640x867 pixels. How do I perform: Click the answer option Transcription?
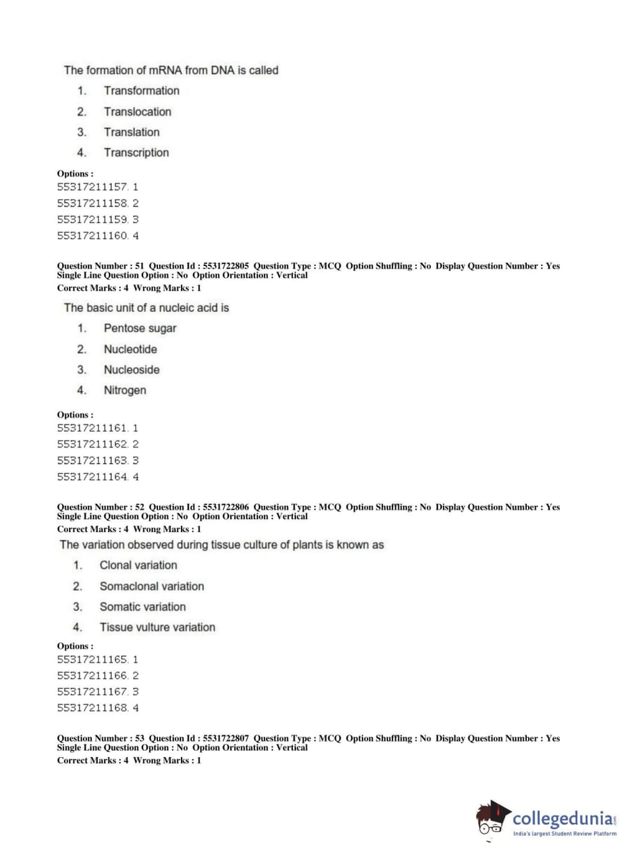coord(136,153)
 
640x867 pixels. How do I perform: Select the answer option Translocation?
coord(137,112)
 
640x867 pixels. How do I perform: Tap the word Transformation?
coord(141,91)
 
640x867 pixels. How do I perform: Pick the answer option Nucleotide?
coord(130,349)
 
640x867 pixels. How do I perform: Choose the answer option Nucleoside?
coord(132,370)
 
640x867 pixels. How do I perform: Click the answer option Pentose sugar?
coord(140,329)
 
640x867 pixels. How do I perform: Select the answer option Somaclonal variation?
coord(152,586)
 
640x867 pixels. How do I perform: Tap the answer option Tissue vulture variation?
coord(157,627)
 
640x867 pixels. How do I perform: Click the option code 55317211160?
coord(93,235)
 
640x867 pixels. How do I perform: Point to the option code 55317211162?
coord(93,444)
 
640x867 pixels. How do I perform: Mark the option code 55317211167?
coord(93,692)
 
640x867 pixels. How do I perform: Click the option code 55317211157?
coord(93,187)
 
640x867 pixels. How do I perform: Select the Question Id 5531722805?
coord(226,266)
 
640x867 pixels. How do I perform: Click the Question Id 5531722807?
coord(226,738)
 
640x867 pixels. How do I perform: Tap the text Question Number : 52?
coord(100,507)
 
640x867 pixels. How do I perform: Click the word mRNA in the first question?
coord(165,70)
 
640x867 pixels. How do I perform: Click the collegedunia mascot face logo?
coord(492,819)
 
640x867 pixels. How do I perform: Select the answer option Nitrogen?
coord(125,390)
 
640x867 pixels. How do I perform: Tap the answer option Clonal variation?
coord(138,565)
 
